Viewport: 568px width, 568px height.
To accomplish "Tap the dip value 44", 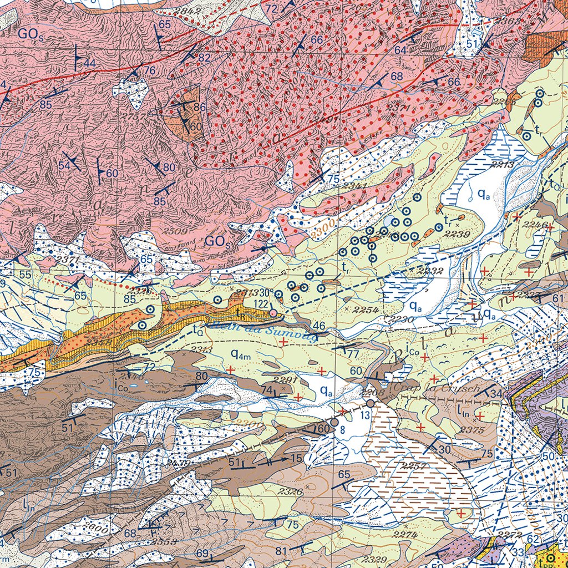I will coord(89,63).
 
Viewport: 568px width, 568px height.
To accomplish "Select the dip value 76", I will coord(150,70).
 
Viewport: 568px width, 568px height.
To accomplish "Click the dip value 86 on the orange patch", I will coord(200,106).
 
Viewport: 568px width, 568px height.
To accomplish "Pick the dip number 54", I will coord(64,165).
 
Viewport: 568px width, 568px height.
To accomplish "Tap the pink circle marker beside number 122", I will coord(273,313).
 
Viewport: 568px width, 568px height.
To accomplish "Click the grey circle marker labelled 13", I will coord(370,403).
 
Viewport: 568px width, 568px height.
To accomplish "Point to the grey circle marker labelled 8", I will coord(334,422).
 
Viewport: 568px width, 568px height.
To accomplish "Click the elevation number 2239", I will coord(460,235).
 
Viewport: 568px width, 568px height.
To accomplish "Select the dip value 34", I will coord(497,394).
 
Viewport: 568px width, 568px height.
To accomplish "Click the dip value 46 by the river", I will coord(318,325).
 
